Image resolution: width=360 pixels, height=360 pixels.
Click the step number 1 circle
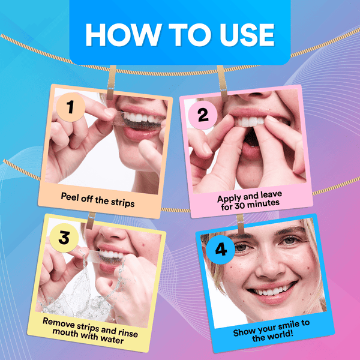point(71,107)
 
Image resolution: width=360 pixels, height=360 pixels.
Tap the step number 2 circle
point(203,115)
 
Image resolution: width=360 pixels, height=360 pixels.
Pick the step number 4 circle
point(221,248)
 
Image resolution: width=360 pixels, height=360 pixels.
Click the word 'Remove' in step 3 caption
point(59,321)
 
